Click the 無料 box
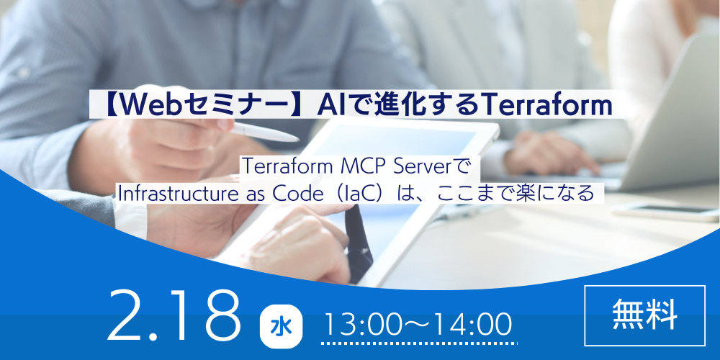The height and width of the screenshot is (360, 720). [x=644, y=314]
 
